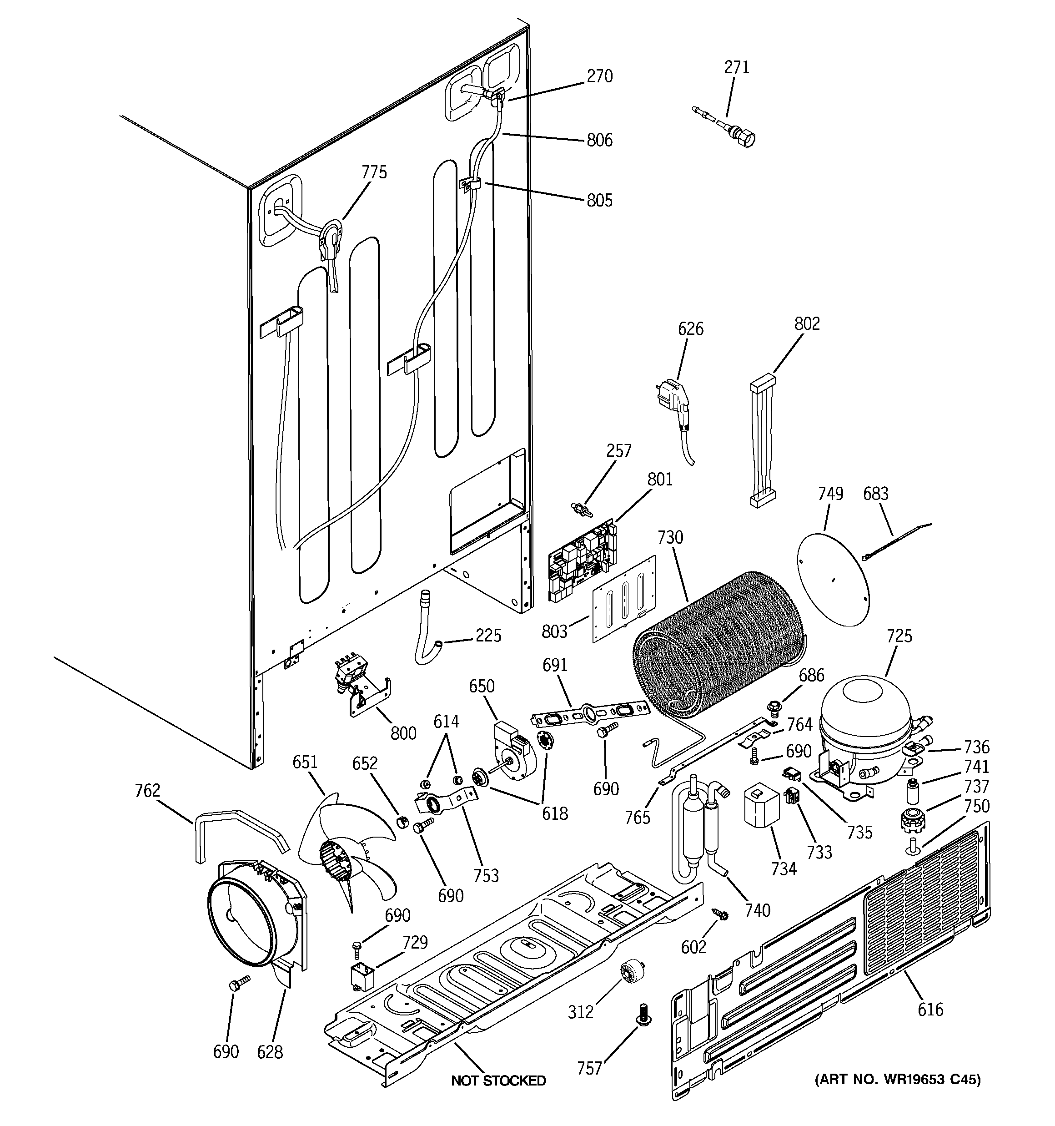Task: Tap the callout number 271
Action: click(x=737, y=67)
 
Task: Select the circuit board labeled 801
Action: click(x=582, y=561)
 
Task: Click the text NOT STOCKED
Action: click(x=498, y=1081)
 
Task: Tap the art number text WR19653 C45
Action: click(x=898, y=1080)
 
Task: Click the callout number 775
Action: click(x=374, y=172)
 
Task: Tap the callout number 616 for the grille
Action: click(x=930, y=1009)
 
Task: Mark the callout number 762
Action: click(x=147, y=790)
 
